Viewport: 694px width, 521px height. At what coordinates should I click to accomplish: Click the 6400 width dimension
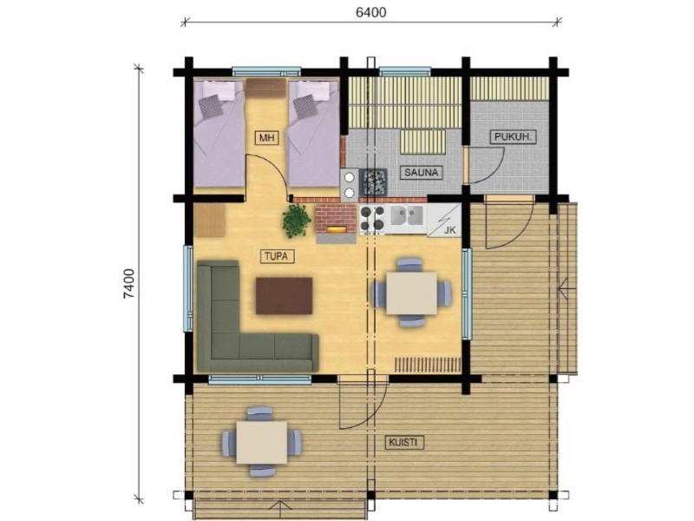pos(371,12)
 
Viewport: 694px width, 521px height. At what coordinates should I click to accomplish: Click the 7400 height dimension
pos(128,284)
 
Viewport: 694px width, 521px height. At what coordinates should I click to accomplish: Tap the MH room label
pos(267,138)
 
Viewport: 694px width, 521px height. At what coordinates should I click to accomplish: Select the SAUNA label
pos(422,172)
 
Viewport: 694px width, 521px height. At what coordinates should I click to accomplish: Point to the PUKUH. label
pos(513,137)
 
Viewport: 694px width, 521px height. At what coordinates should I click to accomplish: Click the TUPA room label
pos(277,256)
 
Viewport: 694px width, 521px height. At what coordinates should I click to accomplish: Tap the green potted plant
pos(296,221)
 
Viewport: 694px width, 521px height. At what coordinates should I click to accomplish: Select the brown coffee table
pos(285,295)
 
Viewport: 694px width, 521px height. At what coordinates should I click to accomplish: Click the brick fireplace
pos(336,223)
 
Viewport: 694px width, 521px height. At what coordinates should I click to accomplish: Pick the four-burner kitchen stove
pos(372,219)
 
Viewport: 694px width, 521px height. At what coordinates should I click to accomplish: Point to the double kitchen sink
pos(407,215)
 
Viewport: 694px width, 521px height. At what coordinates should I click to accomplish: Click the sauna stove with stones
pos(375,181)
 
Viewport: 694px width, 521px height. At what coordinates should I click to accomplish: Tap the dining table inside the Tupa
pos(411,293)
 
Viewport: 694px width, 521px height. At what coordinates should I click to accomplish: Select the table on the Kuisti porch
pos(262,442)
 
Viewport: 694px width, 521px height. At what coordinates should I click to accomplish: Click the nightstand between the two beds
pos(266,88)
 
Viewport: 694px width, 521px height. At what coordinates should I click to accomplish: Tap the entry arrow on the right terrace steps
pos(567,289)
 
